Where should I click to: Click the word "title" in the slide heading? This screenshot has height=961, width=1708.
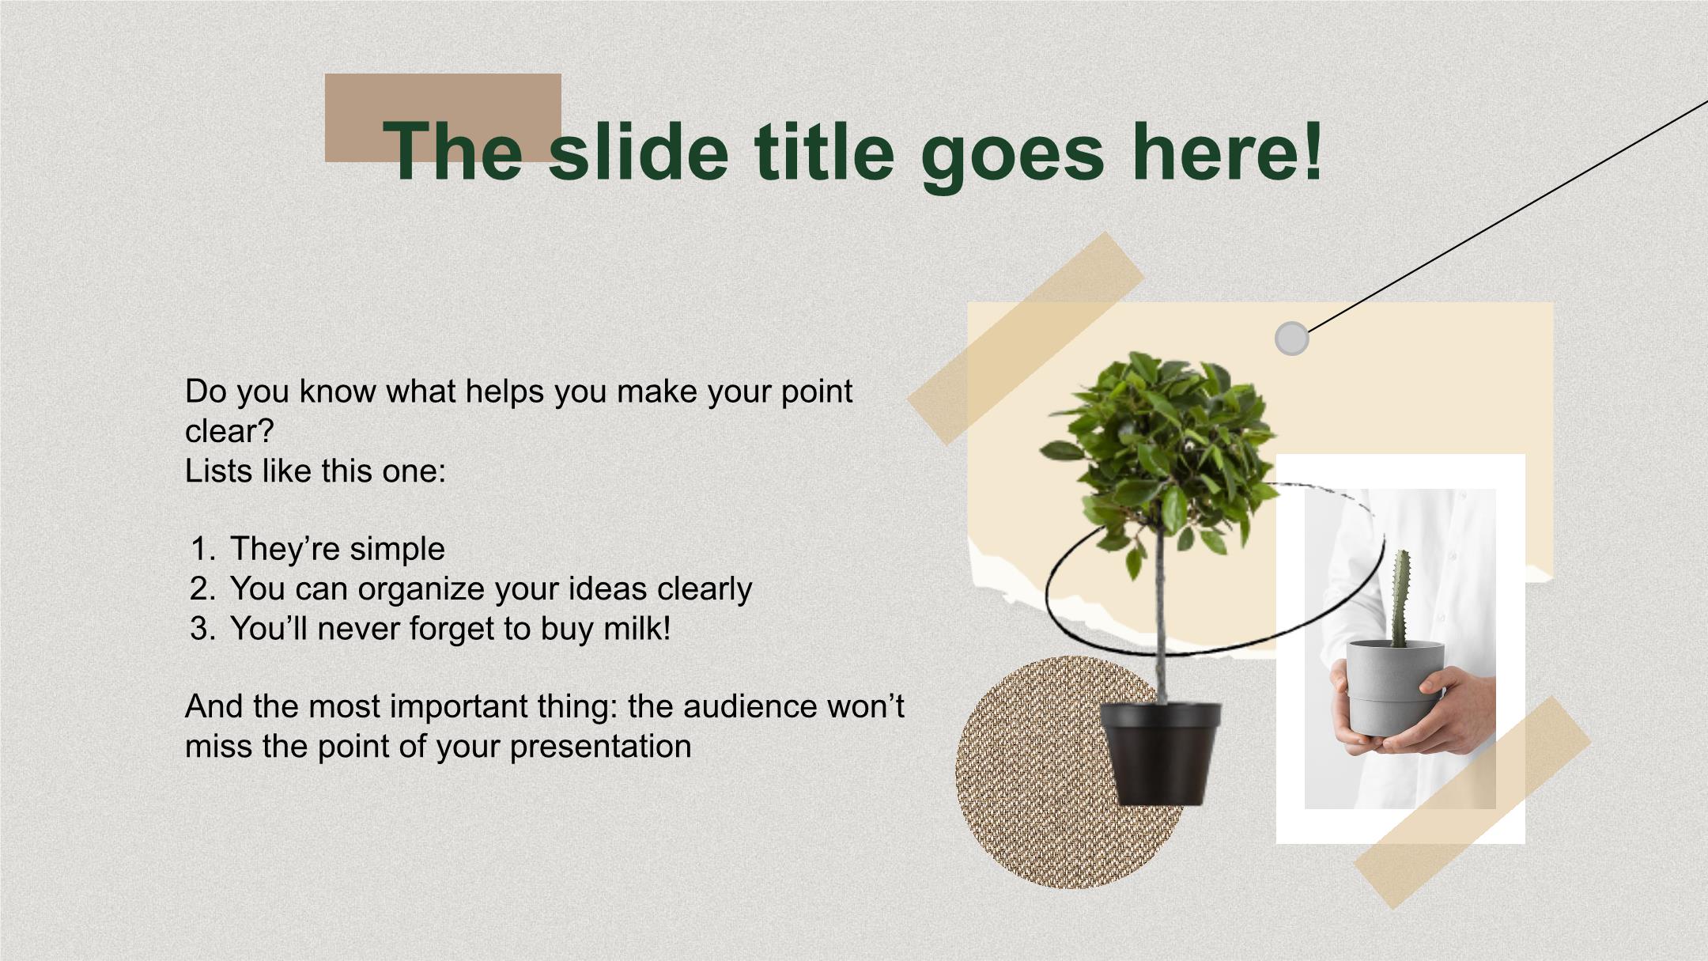point(824,149)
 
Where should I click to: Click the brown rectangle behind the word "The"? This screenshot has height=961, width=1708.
point(443,118)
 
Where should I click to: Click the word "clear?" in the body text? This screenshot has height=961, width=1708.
point(229,431)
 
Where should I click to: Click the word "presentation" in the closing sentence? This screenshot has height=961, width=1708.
point(601,747)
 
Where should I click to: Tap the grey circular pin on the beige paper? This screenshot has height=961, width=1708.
point(1292,339)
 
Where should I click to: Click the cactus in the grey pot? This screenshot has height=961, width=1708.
point(1401,598)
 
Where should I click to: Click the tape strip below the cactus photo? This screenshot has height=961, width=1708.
point(1472,802)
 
